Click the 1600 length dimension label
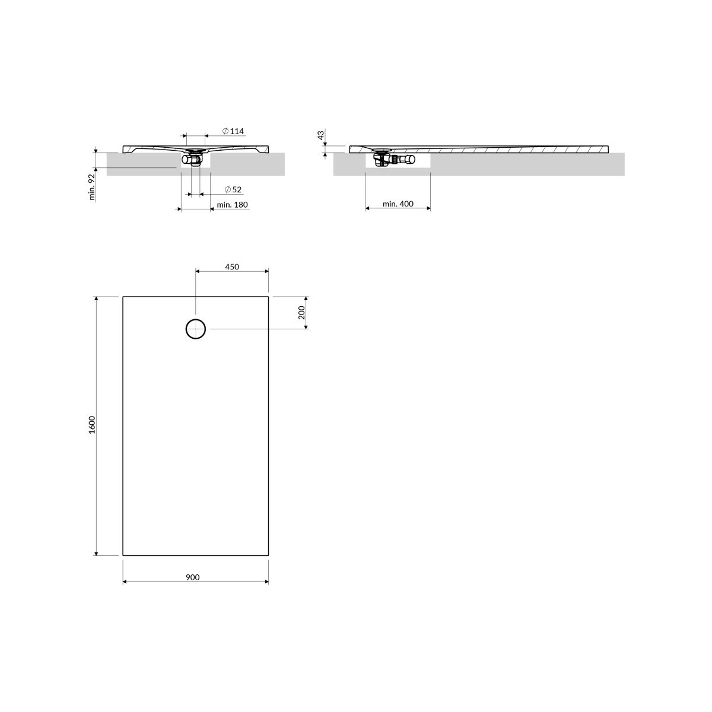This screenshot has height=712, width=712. coord(92,425)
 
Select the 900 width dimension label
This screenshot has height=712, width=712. coord(192,577)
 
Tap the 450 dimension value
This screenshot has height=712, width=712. coord(232,267)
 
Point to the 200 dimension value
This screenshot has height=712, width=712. coord(302,313)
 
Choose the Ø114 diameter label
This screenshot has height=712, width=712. coord(233,131)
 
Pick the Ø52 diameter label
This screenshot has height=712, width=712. coord(233,189)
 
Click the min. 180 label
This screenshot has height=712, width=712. coord(233,205)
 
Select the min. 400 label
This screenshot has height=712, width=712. coord(398,204)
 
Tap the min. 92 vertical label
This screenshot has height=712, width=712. coord(92,187)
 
